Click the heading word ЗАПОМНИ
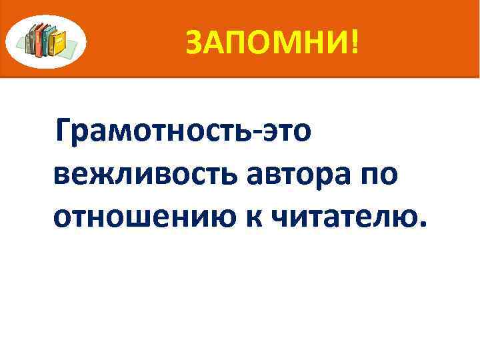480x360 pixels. (x=266, y=43)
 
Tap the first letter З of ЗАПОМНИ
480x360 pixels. (x=193, y=43)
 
